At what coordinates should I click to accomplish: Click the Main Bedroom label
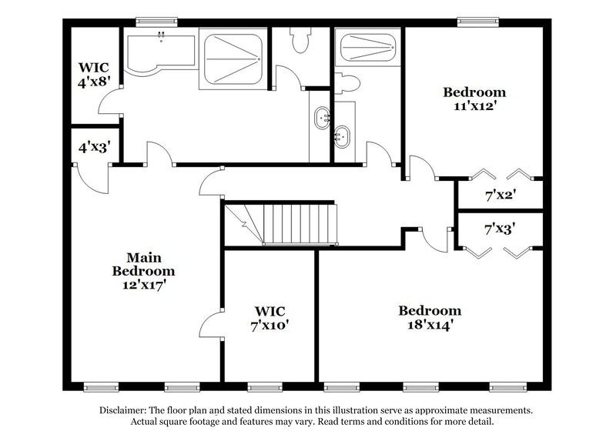(x=143, y=263)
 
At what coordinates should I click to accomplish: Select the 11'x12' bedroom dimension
(x=474, y=106)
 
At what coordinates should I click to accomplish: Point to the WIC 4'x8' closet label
(x=92, y=74)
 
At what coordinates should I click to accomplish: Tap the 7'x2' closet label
(x=499, y=194)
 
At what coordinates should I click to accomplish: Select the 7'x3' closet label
(x=499, y=228)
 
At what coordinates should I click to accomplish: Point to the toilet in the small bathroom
(x=348, y=82)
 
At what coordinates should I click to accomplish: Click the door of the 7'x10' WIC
(x=212, y=323)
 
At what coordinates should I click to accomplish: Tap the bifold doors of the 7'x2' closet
(x=501, y=172)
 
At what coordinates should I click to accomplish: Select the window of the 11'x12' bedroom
(x=474, y=21)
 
